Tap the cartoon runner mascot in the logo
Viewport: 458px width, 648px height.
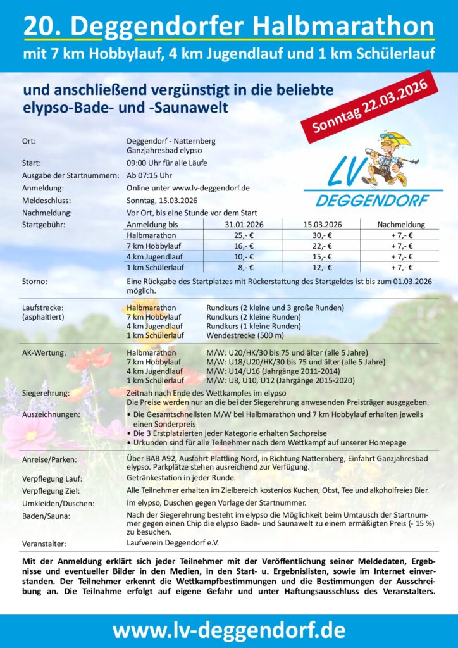click(387, 158)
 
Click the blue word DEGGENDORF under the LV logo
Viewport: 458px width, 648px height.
click(371, 201)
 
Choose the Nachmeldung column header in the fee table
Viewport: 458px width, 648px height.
click(401, 224)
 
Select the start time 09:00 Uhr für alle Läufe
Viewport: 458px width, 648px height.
click(167, 163)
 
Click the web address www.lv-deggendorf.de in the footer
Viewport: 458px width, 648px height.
click(229, 630)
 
